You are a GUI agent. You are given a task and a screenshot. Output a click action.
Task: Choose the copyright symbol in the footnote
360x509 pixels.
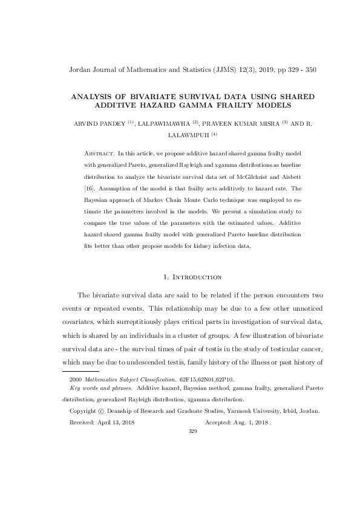(109, 411)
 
